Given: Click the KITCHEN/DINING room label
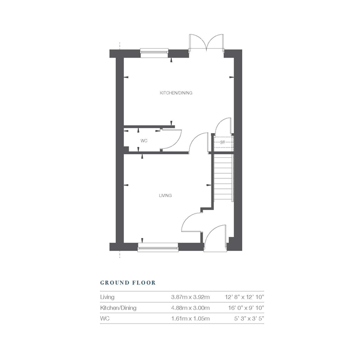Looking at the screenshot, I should click(x=172, y=93).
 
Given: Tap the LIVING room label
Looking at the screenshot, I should click(x=165, y=195).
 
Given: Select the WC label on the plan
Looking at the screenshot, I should click(x=144, y=140).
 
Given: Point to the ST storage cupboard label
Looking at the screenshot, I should click(x=223, y=141).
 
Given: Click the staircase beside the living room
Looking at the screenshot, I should click(x=223, y=177).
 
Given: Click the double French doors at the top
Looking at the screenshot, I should click(x=207, y=44).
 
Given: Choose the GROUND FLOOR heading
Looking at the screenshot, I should click(x=128, y=282).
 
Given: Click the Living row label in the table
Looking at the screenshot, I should click(x=107, y=297).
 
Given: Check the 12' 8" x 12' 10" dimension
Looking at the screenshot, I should click(x=245, y=297).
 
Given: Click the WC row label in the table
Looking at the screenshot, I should click(x=105, y=319).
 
